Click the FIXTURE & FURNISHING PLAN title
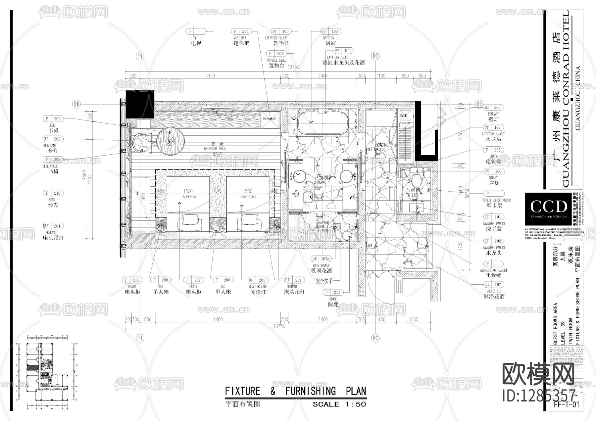296,391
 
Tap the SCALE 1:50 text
339,404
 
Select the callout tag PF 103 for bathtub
330,31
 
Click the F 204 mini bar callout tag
241,31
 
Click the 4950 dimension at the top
210,76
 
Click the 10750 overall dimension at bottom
279,326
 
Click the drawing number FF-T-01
567,404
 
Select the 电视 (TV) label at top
196,43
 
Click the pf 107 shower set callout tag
494,284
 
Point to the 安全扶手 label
324,281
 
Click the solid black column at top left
140,104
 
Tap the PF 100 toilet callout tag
494,171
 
